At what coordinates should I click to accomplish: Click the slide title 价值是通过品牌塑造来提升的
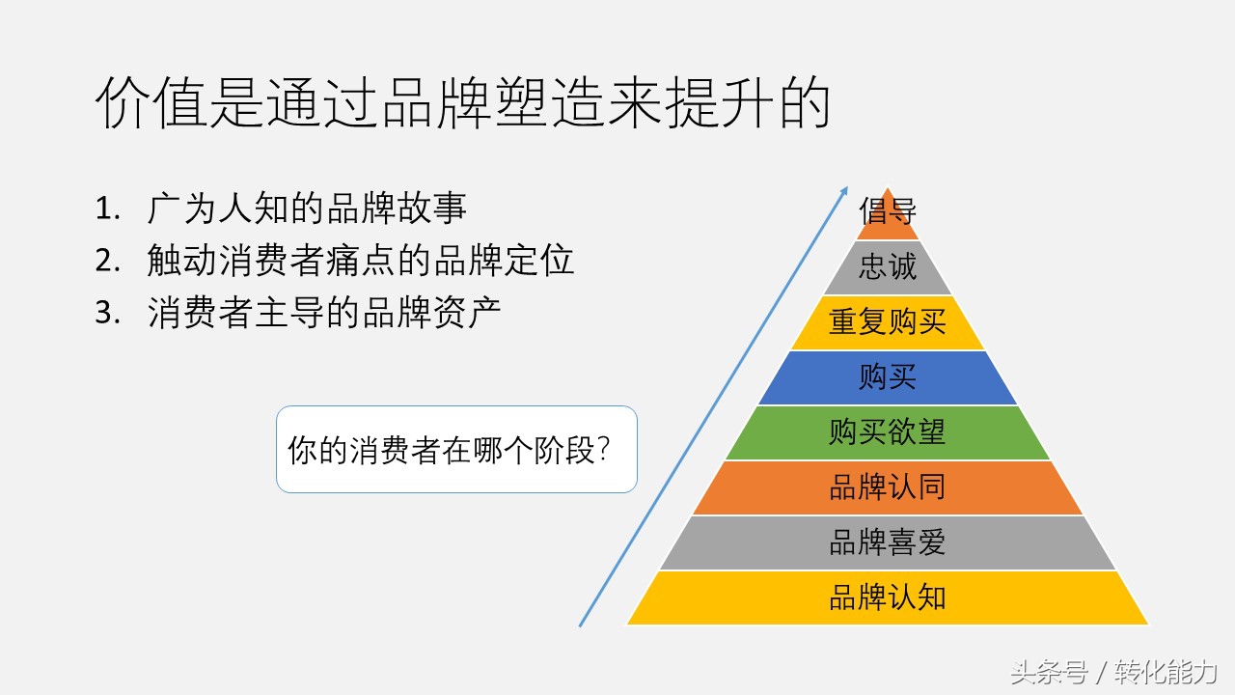(462, 104)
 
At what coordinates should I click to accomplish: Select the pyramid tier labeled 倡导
(888, 213)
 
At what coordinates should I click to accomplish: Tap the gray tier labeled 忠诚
(888, 267)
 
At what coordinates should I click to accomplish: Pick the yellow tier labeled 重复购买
(888, 322)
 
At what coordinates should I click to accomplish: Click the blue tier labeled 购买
(888, 377)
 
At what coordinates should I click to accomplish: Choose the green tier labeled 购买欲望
(888, 432)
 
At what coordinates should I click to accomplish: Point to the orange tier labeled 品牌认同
(888, 487)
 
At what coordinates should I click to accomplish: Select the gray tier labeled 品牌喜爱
(888, 542)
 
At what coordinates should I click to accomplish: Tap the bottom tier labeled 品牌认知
(888, 598)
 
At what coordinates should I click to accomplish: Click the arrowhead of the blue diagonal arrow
(844, 190)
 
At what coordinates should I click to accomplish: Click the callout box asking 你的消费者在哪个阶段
(456, 450)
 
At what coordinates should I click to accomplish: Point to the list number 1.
(107, 208)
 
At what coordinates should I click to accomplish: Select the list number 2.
(107, 261)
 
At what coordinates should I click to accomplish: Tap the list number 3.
(107, 314)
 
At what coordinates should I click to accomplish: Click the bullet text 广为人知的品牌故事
(307, 208)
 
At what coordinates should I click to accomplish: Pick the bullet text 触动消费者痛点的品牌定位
(361, 261)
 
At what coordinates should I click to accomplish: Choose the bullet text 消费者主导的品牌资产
(324, 314)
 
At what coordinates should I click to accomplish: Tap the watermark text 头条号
(1049, 672)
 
